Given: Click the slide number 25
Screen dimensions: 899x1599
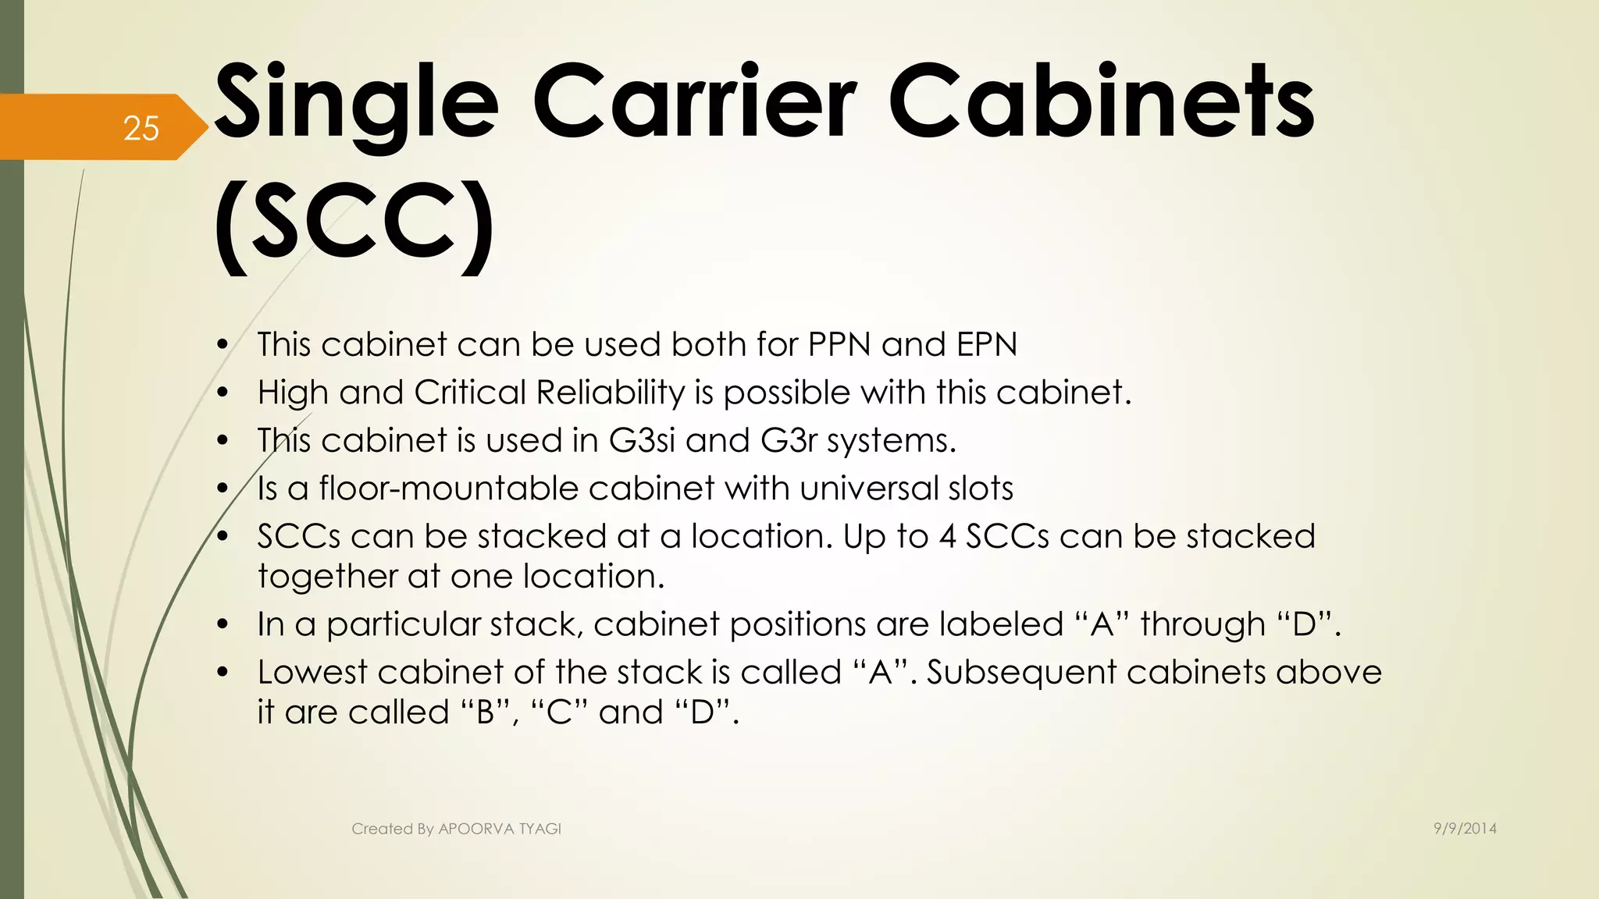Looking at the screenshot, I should click(141, 128).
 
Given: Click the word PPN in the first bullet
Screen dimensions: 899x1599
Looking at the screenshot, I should click(839, 344).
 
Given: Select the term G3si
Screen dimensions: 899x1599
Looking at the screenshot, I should click(641, 441).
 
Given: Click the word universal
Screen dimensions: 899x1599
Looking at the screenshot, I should click(867, 489).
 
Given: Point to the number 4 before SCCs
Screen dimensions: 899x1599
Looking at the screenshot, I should click(947, 537).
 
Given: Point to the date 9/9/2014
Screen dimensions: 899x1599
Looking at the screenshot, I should click(1465, 829).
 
